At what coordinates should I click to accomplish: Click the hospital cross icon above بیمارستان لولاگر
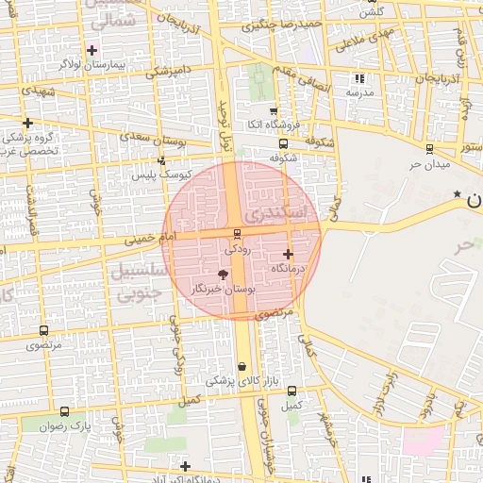coord(92,49)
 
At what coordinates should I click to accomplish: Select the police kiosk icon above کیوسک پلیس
coord(161,160)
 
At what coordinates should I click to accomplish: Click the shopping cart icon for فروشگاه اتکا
coord(274,111)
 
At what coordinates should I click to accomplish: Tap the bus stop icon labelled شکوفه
coord(283,143)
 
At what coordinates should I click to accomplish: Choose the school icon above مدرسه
coord(358,78)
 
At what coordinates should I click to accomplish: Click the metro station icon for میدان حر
coord(430,148)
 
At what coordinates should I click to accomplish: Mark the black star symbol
coord(458,194)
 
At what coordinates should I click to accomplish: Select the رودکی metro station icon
coord(237,233)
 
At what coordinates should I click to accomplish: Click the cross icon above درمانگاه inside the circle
coord(288,253)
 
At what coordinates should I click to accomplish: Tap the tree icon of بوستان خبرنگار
coord(223,274)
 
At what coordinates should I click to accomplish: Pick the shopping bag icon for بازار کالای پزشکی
coord(242,367)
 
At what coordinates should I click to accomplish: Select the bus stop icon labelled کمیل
coord(291,391)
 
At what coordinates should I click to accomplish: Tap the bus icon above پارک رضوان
coord(64,411)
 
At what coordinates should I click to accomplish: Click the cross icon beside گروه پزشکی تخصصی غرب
coord(28,123)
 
